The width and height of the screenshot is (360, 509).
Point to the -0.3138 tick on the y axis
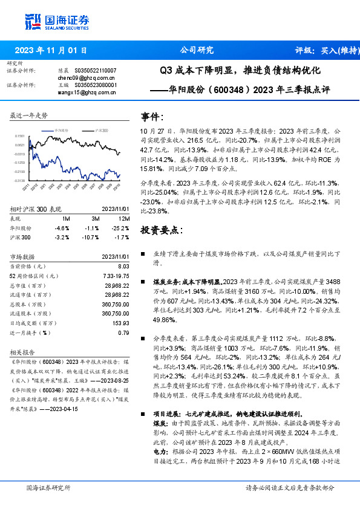[21, 180]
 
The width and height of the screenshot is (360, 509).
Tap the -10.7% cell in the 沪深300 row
[93, 238]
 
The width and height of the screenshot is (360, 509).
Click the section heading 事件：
[152, 115]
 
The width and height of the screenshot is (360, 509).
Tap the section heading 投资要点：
[161, 230]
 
